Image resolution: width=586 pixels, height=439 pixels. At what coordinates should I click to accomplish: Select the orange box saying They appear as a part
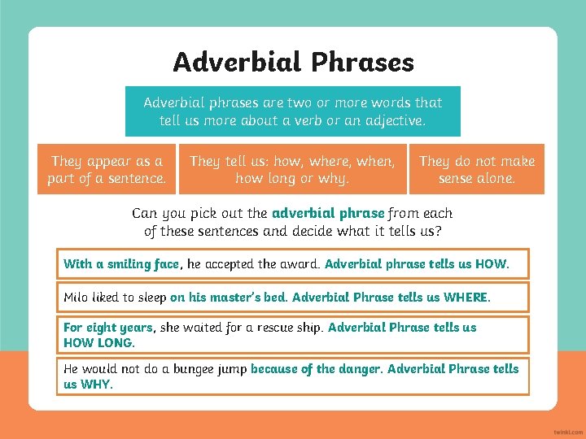click(x=107, y=169)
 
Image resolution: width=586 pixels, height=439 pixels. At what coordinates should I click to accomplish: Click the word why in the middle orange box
click(x=336, y=178)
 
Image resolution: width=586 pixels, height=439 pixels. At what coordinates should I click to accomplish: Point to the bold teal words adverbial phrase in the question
click(x=328, y=213)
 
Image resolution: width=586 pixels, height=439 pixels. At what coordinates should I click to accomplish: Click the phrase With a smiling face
click(x=120, y=263)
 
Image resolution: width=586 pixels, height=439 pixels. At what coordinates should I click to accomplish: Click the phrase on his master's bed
click(x=228, y=298)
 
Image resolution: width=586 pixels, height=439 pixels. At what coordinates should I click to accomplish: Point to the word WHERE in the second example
click(x=466, y=298)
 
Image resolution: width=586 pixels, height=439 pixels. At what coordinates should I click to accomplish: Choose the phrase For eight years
click(x=107, y=328)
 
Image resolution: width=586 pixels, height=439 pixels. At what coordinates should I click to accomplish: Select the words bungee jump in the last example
click(x=210, y=369)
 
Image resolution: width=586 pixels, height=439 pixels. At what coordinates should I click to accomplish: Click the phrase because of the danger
click(x=315, y=369)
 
